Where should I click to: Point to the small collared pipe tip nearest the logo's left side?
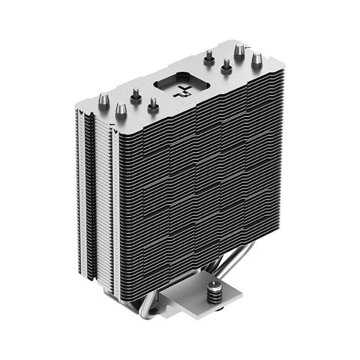[x=153, y=104]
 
